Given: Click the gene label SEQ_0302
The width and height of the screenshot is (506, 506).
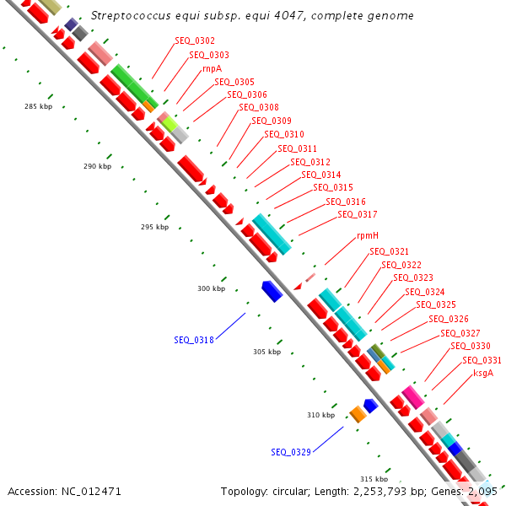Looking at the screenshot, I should click(195, 41).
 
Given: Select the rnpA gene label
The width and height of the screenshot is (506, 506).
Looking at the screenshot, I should click(212, 68).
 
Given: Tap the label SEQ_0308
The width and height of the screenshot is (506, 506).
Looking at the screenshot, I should click(258, 107).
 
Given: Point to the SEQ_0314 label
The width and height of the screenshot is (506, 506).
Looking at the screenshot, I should click(321, 175).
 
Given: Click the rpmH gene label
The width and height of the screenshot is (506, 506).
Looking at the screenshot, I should click(368, 235).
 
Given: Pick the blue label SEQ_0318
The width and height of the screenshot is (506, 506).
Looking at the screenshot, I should click(194, 340).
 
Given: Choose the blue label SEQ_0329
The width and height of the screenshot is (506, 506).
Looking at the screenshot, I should click(291, 452).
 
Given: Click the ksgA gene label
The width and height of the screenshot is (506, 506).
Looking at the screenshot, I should click(483, 373).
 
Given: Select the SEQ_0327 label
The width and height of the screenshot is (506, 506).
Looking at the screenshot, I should click(460, 333).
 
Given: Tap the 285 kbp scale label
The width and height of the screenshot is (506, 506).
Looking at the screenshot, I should click(39, 107).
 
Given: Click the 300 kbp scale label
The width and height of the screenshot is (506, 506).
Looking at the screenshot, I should click(212, 288).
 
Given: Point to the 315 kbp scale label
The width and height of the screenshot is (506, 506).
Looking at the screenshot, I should click(374, 479).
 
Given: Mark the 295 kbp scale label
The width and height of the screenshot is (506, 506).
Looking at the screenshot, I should click(154, 227).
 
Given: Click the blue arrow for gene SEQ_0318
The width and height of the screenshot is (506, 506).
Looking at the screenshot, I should click(272, 292).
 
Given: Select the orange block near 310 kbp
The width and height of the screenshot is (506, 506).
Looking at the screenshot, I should click(358, 413).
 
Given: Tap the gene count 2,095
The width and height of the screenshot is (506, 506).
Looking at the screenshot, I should click(482, 491).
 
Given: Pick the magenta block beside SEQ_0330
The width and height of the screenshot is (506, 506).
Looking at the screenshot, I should click(412, 395).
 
